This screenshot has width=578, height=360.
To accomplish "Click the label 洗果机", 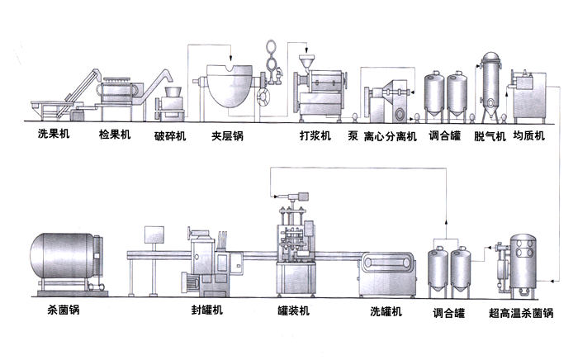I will pos(52,135).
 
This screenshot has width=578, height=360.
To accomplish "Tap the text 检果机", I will pos(115,135).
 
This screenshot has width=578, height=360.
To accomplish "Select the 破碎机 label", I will pos(170,135).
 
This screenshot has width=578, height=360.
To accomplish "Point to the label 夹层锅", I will pos(228,135).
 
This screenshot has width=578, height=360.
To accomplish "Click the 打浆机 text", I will pos(314,135).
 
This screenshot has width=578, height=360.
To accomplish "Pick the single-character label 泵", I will pos(353,135).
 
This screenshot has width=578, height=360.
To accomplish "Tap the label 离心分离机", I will pos(391,135).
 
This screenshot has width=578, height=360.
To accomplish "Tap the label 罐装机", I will pos(293,311).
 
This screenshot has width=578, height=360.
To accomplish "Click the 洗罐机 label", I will pos(386,311).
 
